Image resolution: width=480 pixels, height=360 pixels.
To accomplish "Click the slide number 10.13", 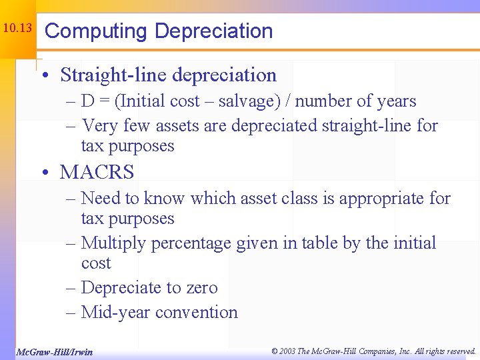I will (17, 29).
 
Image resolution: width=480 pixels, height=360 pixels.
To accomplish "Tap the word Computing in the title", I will (96, 31).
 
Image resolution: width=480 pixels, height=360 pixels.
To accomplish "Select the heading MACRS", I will (97, 172).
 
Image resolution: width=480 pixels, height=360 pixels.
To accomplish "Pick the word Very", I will (101, 125).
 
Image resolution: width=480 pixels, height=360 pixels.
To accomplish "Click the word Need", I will (101, 198).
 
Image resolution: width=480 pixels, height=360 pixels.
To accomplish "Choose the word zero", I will (201, 288).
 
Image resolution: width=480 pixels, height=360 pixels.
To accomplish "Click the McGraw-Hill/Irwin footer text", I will (54, 351).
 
